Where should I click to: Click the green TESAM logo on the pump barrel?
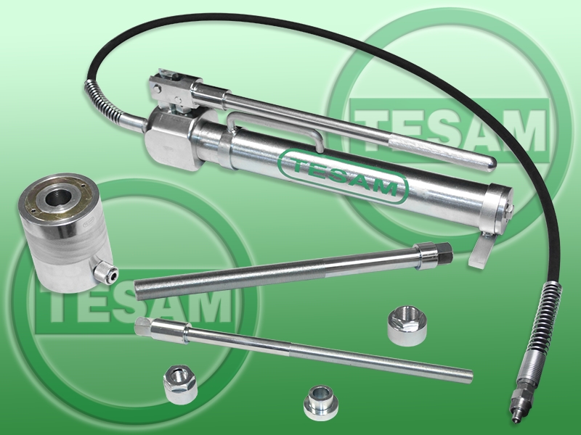tap(344, 176)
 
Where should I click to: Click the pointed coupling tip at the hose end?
tap(514, 410)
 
